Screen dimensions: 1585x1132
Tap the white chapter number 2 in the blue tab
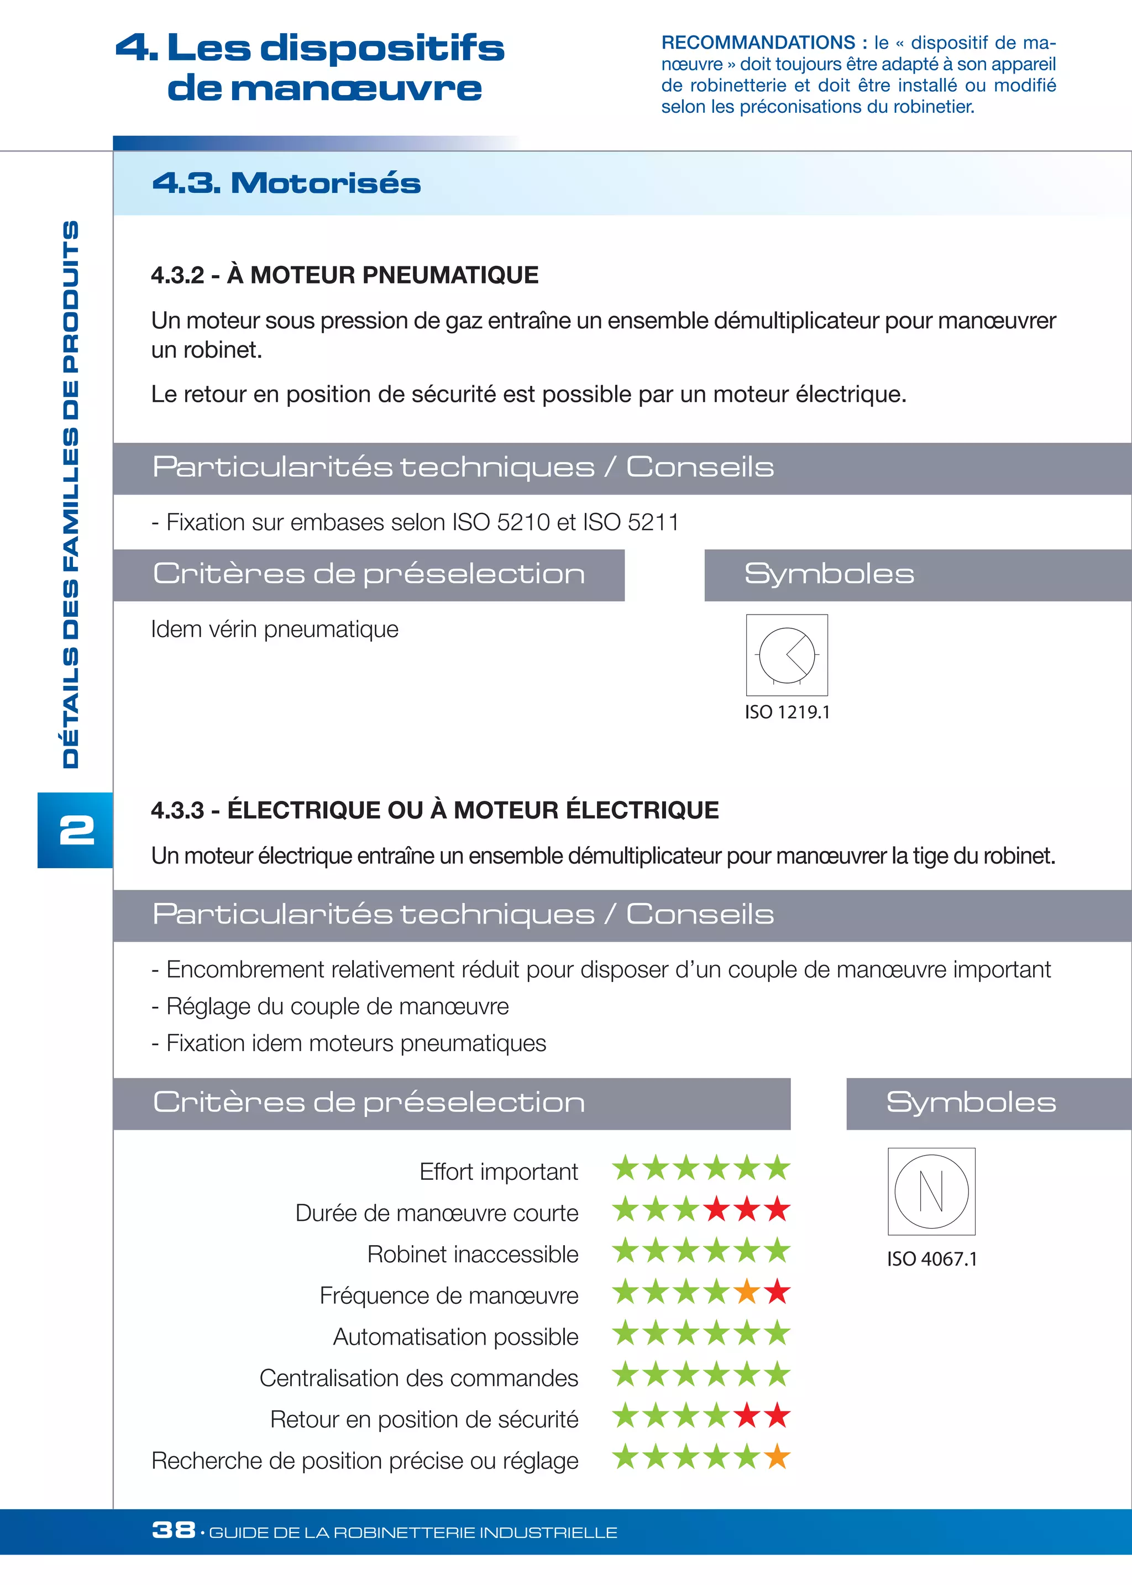click(77, 830)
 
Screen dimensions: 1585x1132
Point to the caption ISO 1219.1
click(787, 712)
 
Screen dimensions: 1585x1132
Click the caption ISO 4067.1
click(931, 1259)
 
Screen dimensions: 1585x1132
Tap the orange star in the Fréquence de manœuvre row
click(747, 1293)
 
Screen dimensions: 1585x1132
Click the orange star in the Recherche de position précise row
click(777, 1457)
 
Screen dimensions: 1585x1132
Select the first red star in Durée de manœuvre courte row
click(716, 1210)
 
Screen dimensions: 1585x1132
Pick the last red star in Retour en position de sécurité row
click(777, 1416)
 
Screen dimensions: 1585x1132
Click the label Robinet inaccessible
click(472, 1254)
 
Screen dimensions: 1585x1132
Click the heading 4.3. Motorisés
click(286, 183)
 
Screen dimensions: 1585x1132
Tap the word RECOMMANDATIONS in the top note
click(758, 43)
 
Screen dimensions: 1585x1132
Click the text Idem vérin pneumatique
click(275, 629)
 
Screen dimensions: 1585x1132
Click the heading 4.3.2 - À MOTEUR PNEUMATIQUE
click(344, 275)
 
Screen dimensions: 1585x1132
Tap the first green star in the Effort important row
click(625, 1168)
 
